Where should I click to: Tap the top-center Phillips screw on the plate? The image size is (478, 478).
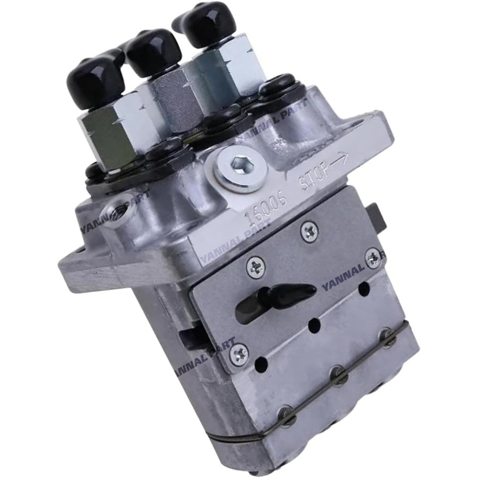click(309, 231)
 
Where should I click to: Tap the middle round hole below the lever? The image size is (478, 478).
click(314, 326)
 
